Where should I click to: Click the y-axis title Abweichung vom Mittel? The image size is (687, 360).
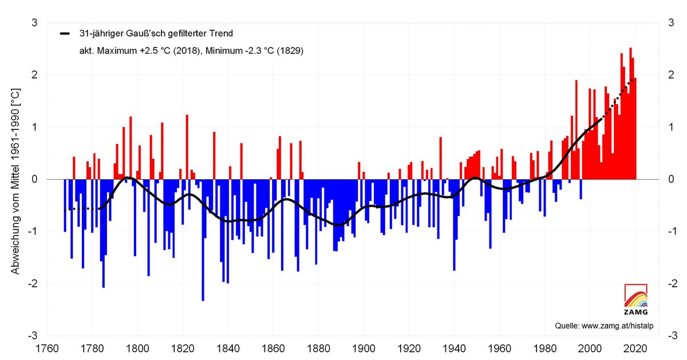pos(16,181)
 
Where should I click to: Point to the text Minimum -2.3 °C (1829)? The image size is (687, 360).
pos(251,51)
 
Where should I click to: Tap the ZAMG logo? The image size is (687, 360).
pos(636,299)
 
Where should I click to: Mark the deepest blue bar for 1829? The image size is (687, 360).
pos(203,240)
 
